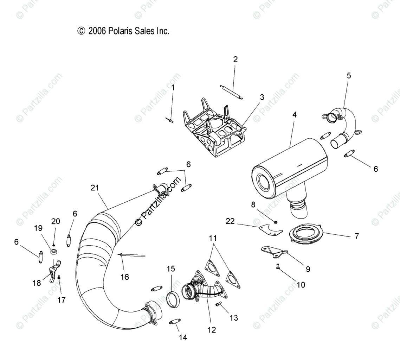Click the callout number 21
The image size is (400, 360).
click(x=95, y=188)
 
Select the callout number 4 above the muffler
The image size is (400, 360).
click(x=294, y=114)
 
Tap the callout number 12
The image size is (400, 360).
click(x=212, y=330)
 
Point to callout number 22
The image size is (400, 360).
click(x=230, y=221)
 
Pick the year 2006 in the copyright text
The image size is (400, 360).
click(x=97, y=31)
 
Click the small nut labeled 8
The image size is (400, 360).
click(x=276, y=222)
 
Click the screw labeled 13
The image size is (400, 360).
click(x=219, y=304)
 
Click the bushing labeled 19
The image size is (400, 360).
click(x=54, y=252)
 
